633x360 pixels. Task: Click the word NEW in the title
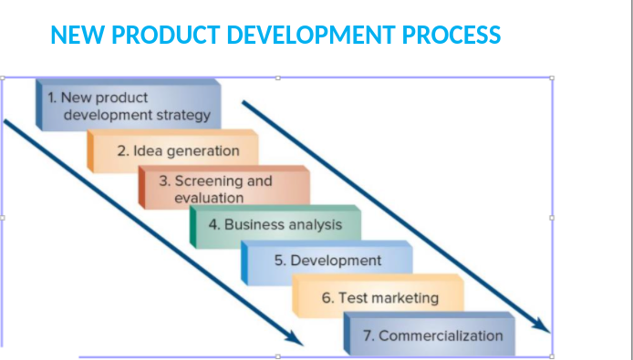pyautogui.click(x=74, y=36)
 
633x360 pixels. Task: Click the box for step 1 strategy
pyautogui.click(x=128, y=106)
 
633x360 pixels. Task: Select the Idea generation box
pyautogui.click(x=173, y=151)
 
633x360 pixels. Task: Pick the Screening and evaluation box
pyautogui.click(x=224, y=189)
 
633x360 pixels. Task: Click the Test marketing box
pyautogui.click(x=379, y=298)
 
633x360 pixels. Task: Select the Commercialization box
pyautogui.click(x=430, y=335)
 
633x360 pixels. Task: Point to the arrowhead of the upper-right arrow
pyautogui.click(x=544, y=326)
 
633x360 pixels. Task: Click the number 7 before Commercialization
pyautogui.click(x=367, y=335)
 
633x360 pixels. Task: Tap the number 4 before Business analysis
pyautogui.click(x=213, y=224)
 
